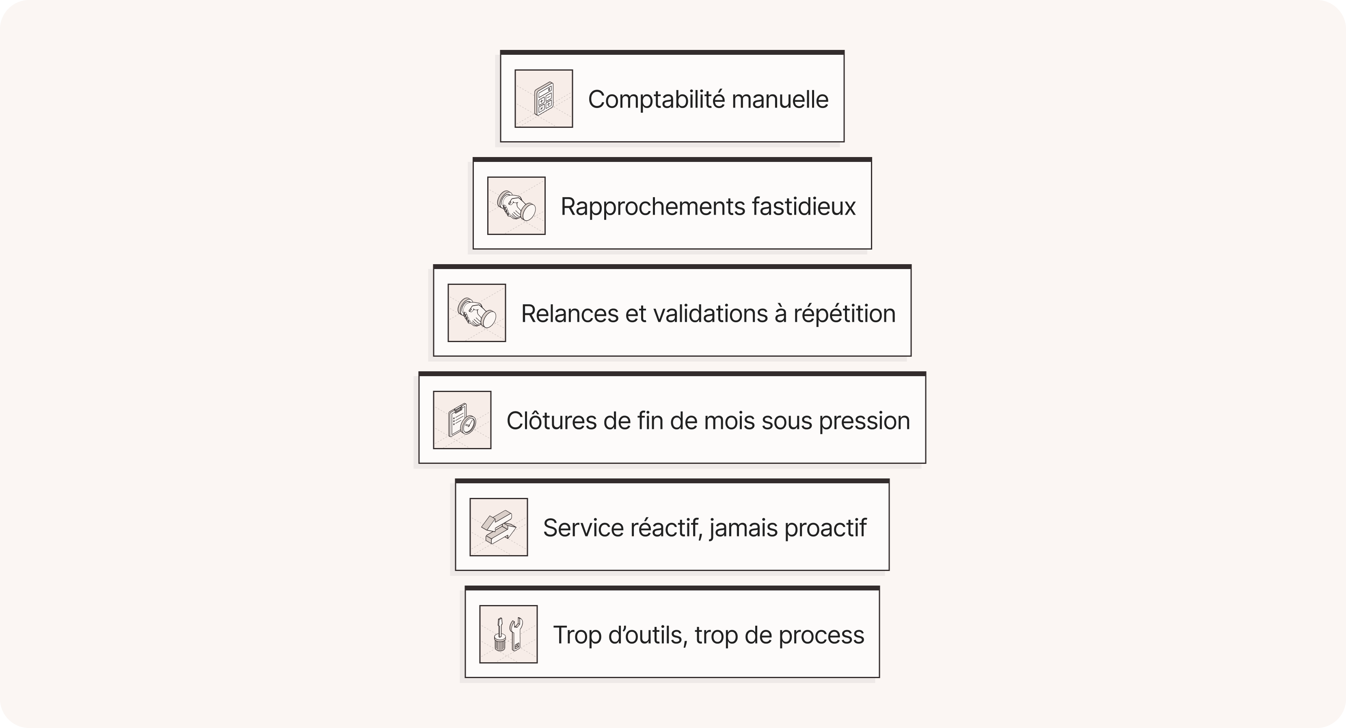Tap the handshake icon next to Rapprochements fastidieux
click(x=516, y=206)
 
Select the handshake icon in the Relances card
click(x=477, y=313)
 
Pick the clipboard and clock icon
click(x=462, y=420)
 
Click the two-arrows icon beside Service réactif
click(x=499, y=527)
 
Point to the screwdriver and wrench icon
click(x=508, y=634)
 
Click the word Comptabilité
click(x=655, y=100)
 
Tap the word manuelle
click(x=780, y=100)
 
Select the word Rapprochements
click(x=652, y=207)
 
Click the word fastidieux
click(x=804, y=207)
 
